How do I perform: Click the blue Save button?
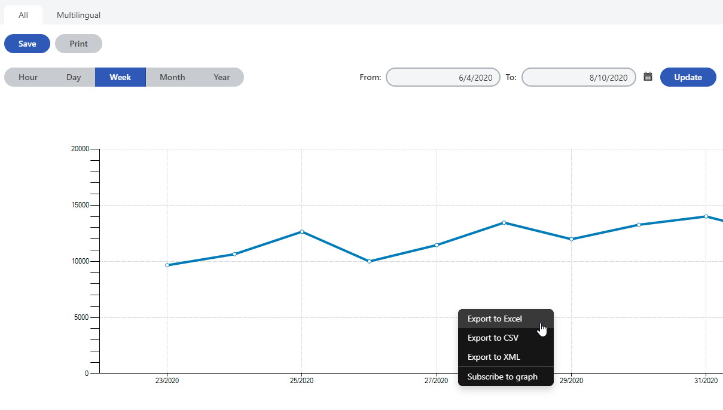[27, 44]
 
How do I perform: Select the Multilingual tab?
[78, 15]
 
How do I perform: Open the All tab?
[23, 15]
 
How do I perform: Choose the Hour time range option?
[28, 77]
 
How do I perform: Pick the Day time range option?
[74, 77]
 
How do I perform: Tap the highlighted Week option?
[120, 77]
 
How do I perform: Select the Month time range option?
[172, 77]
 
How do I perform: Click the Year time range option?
[222, 77]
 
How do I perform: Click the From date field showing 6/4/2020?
[443, 77]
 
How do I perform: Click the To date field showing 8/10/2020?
[578, 77]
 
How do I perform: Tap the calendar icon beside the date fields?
[648, 77]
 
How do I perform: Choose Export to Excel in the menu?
[495, 319]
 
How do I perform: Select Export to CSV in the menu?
[493, 338]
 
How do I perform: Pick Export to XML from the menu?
[493, 357]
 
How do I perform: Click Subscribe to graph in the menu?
[502, 377]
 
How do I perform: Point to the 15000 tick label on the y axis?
[80, 205]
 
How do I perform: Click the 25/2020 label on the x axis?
[301, 381]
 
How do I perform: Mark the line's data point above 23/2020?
[167, 265]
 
